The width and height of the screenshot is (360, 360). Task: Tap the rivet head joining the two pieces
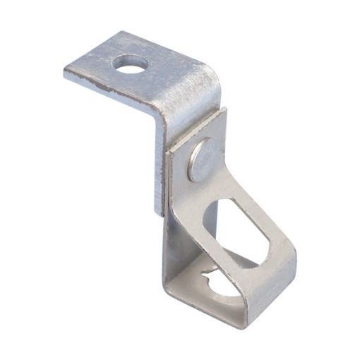(200, 158)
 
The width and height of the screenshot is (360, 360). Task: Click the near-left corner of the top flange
(66, 73)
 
